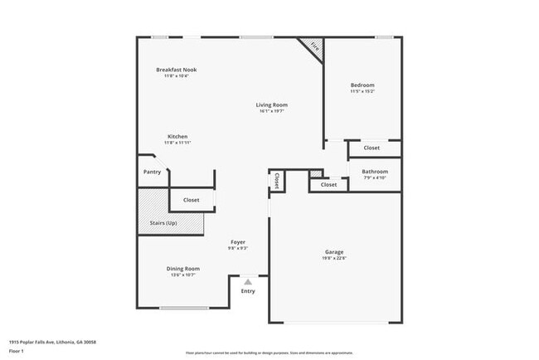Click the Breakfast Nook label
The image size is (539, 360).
pos(177,70)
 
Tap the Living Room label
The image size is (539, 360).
pos(271,105)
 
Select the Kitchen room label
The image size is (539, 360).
pos(177,136)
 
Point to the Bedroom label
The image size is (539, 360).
pos(362,85)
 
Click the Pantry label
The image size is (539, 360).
pos(152,172)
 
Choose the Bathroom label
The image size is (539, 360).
pos(374,172)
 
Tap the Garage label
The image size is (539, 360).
pos(334,251)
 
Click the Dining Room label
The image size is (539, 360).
pos(182,268)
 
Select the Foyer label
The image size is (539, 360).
pos(238,242)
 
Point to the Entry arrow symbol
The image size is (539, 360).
pos(248,282)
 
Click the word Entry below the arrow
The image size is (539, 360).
pos(248,291)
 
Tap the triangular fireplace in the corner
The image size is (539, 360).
pos(313,47)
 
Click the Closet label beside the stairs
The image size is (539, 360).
pos(191,200)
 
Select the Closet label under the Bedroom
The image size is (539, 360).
pos(371,148)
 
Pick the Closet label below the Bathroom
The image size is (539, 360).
pos(328,184)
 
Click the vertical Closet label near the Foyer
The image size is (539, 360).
pos(276,180)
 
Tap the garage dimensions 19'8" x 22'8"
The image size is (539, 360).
pos(334,257)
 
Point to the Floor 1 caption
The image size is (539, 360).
pos(17,351)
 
